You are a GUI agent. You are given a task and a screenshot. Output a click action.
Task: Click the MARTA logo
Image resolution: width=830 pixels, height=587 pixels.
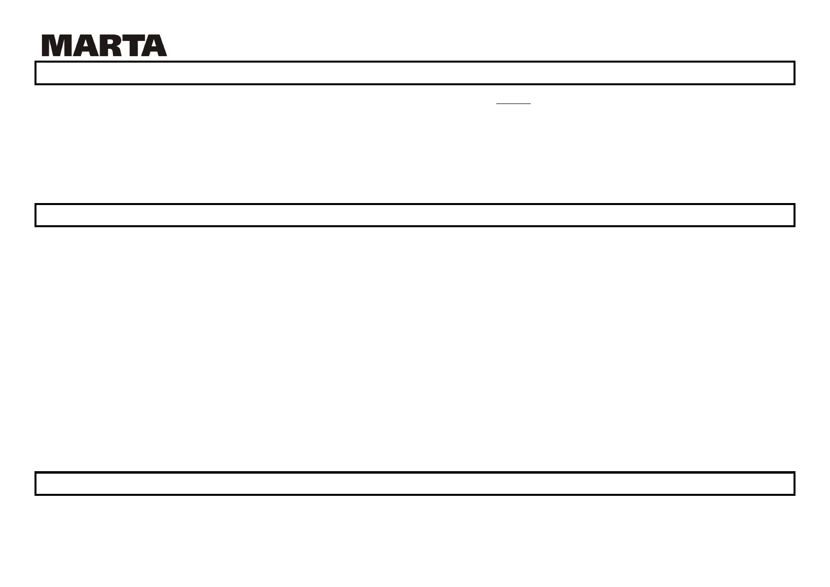pyautogui.click(x=104, y=46)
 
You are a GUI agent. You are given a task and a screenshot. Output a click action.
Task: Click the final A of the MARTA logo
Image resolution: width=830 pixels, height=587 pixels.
pyautogui.click(x=154, y=46)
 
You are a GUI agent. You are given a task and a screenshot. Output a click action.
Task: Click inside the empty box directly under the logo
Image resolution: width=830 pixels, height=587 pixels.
pyautogui.click(x=415, y=73)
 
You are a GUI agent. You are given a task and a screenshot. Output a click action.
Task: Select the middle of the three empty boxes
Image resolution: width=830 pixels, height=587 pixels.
pyautogui.click(x=415, y=215)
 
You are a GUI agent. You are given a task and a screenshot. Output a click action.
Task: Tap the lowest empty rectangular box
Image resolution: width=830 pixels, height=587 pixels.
pyautogui.click(x=415, y=483)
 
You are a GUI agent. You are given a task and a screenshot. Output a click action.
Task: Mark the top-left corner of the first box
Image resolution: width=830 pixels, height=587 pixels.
pyautogui.click(x=35, y=62)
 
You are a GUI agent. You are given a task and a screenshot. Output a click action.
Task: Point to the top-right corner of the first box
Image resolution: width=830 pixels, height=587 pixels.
pyautogui.click(x=794, y=62)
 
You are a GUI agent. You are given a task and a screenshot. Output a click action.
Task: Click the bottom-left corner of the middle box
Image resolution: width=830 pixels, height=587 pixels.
pyautogui.click(x=35, y=226)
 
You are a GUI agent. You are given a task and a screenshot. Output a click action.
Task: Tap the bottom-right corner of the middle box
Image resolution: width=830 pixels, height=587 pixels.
pyautogui.click(x=794, y=226)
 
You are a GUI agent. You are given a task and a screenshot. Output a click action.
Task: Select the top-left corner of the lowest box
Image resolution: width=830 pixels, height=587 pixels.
pyautogui.click(x=35, y=473)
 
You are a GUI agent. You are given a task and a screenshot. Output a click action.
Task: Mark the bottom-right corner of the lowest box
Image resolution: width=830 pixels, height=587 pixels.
pyautogui.click(x=794, y=494)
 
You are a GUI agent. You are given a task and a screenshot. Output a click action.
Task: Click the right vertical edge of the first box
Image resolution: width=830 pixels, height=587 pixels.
pyautogui.click(x=794, y=73)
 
